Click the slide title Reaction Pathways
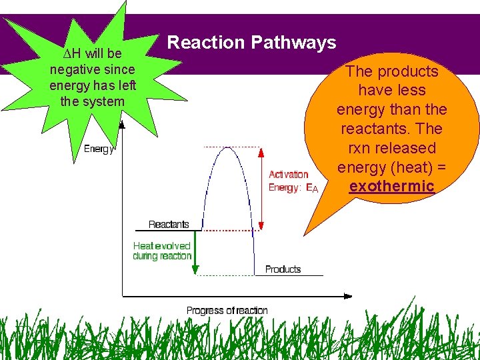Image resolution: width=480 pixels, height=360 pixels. pos(251,43)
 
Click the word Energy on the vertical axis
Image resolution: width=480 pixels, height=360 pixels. pos(99,149)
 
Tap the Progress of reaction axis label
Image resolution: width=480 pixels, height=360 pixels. pos(227,311)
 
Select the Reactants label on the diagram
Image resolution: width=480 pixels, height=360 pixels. pos(169,225)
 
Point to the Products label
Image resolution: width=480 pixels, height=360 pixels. pos(283,269)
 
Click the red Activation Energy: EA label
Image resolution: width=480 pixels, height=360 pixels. pos(293,181)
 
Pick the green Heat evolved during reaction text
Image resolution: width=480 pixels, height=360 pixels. pos(161,251)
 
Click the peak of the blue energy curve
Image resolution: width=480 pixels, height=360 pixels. pos(228,147)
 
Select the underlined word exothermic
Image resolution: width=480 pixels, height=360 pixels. pos(391,187)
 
